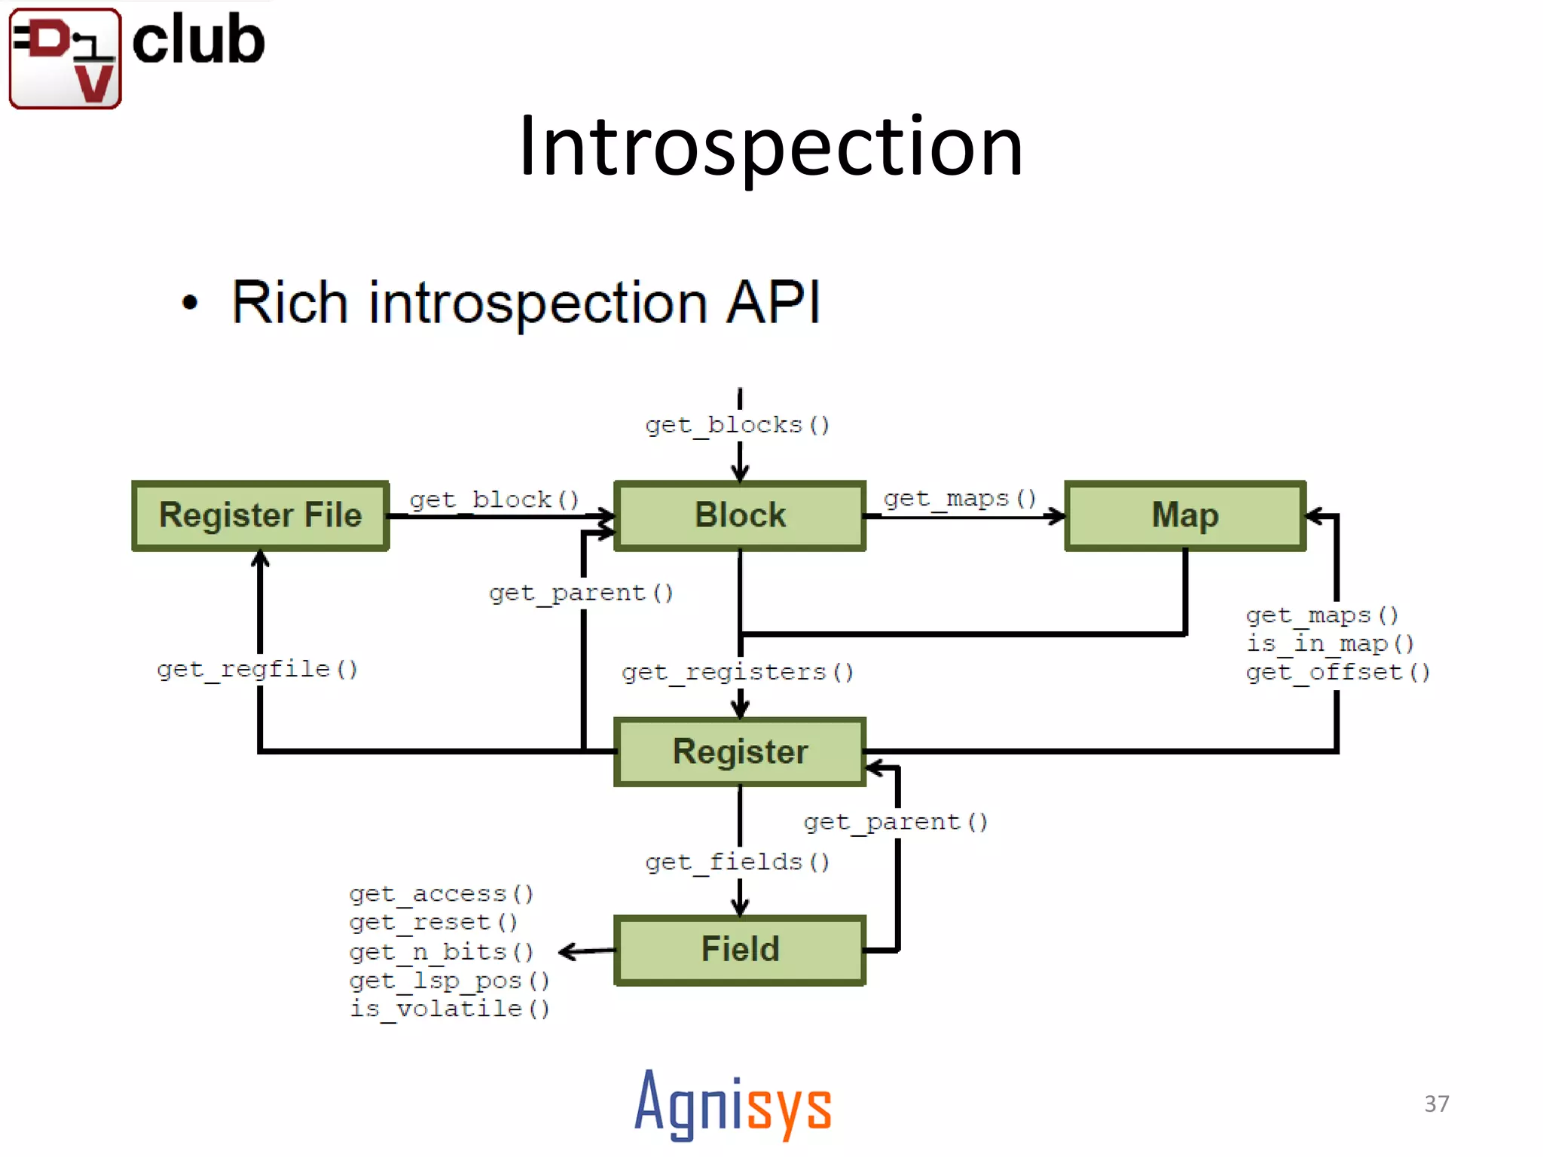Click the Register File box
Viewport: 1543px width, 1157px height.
point(261,516)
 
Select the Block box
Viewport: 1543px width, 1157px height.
point(740,516)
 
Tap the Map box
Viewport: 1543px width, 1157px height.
point(1185,516)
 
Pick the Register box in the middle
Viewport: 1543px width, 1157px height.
point(740,752)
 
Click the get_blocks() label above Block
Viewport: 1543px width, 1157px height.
point(738,426)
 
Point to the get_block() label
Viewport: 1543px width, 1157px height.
point(494,500)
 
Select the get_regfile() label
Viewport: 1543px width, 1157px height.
point(257,670)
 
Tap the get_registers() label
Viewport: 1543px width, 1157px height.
point(738,672)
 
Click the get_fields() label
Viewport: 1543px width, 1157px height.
point(738,862)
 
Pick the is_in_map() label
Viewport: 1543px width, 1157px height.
point(1330,644)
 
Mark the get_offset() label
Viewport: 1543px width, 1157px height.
point(1338,672)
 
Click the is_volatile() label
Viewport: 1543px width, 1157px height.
point(450,1009)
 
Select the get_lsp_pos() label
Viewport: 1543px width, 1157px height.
point(450,981)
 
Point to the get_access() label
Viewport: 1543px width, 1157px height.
point(442,894)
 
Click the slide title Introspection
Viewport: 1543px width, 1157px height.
point(771,146)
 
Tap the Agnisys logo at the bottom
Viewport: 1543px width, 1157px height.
point(733,1105)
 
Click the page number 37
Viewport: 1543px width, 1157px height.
point(1437,1104)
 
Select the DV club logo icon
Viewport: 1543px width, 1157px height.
point(66,59)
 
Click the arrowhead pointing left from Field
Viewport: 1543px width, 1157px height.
point(568,952)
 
